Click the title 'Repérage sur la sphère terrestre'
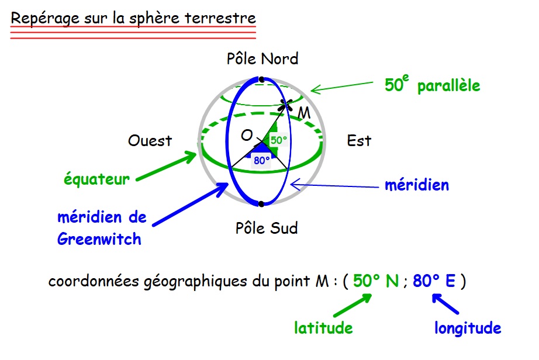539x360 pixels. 133,18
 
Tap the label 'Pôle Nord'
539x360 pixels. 262,59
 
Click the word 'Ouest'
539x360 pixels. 150,141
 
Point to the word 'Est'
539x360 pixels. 359,141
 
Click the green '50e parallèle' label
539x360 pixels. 432,85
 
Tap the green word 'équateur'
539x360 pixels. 96,179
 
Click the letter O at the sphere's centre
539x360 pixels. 247,136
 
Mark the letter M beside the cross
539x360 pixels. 305,113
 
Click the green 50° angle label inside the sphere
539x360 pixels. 279,140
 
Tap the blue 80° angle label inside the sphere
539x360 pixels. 261,160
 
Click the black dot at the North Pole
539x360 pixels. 261,79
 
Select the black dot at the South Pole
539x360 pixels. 261,204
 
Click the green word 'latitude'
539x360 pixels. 323,328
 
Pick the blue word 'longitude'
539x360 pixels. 468,328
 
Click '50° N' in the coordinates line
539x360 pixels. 376,282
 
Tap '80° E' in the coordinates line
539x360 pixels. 434,282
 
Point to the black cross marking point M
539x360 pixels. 286,105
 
